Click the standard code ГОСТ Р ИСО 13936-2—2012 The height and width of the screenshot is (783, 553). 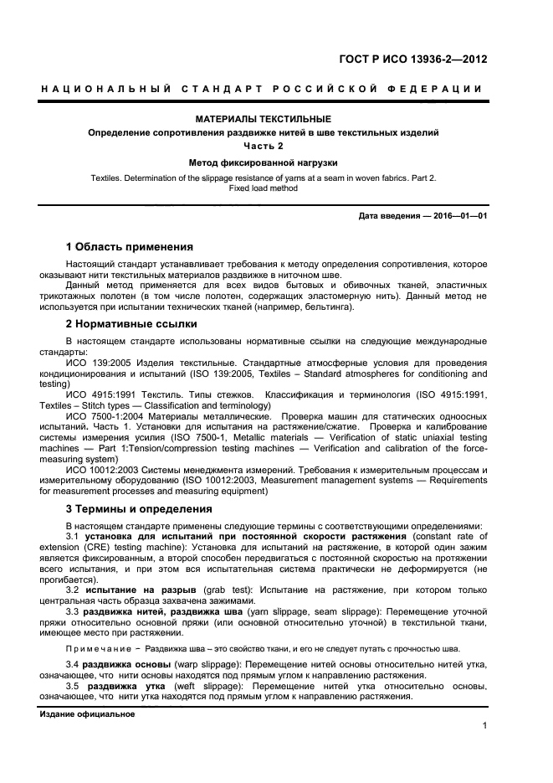click(412, 59)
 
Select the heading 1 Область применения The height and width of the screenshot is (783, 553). click(130, 247)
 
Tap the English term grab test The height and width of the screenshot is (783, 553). click(209, 590)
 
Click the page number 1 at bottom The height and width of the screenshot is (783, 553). click(484, 726)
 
